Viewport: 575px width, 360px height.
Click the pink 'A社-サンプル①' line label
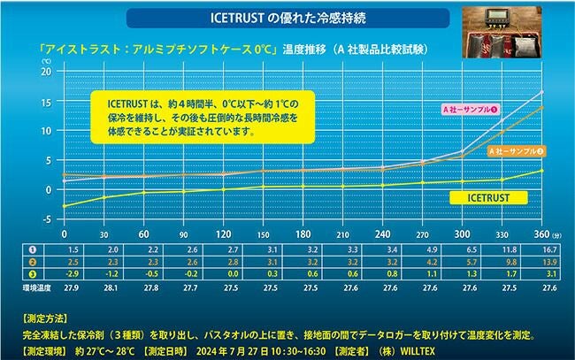(470, 108)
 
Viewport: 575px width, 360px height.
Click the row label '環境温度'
(24, 287)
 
